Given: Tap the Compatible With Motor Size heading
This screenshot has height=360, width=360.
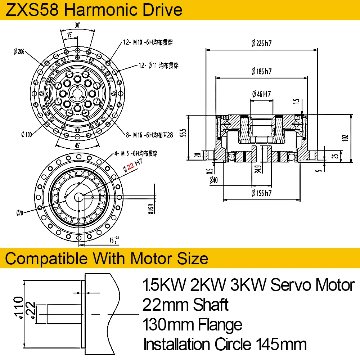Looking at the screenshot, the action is [107, 258].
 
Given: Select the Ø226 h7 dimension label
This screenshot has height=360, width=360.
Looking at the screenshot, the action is [261, 44].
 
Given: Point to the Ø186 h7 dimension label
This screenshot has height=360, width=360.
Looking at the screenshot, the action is [261, 71].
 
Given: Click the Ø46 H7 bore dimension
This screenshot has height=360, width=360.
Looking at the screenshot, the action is [261, 95].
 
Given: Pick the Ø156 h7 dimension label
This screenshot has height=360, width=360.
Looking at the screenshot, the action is [261, 193].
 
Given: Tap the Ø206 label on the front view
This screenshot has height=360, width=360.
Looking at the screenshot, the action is [19, 52].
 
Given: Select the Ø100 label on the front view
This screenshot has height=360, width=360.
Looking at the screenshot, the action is [27, 135].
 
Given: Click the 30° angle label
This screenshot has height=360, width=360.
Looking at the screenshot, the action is [77, 25].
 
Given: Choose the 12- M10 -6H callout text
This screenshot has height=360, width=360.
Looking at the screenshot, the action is [148, 42].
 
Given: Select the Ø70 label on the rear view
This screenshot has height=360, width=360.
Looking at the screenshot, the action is [19, 213].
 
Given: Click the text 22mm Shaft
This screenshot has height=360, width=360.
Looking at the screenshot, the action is [185, 305].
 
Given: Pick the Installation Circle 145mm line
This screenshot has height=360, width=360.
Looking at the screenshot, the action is [225, 344].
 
